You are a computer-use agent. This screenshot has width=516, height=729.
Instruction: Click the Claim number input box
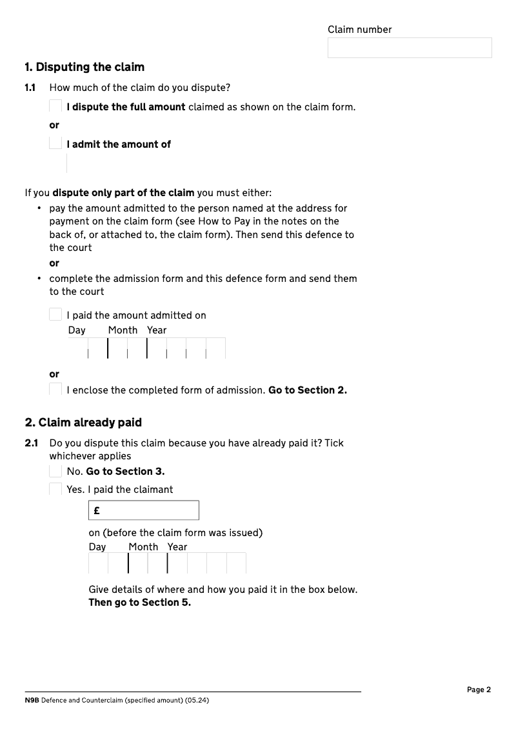click(410, 48)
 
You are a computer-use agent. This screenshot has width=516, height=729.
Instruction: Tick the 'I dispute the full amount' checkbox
click(55, 106)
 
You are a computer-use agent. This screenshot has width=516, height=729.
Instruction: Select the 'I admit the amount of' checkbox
click(55, 144)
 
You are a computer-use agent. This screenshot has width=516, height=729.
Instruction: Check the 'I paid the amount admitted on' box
click(55, 315)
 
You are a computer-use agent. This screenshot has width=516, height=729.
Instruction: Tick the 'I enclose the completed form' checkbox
click(55, 390)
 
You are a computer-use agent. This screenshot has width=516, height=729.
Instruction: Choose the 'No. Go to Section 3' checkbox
click(55, 471)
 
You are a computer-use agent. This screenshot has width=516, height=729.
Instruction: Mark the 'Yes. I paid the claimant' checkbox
click(55, 489)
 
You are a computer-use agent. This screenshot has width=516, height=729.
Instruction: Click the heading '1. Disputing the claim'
click(84, 67)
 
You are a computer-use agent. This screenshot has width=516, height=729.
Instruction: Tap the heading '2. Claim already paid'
click(83, 423)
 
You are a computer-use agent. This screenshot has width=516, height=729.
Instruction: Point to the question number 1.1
click(30, 88)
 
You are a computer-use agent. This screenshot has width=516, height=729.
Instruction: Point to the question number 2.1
click(32, 443)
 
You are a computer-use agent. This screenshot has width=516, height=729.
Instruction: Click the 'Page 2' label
click(479, 690)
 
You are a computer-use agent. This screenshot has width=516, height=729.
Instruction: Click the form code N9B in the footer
click(32, 701)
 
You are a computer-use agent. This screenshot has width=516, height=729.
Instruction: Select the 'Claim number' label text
click(359, 30)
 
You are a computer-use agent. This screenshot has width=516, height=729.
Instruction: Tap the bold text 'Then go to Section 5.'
click(139, 603)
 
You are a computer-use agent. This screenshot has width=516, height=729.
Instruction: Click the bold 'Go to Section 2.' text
click(308, 390)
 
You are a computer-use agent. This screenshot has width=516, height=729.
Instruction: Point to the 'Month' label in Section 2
click(143, 547)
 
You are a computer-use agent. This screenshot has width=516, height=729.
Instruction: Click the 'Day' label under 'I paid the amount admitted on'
click(77, 330)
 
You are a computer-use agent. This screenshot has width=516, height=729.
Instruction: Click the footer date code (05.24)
click(197, 701)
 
